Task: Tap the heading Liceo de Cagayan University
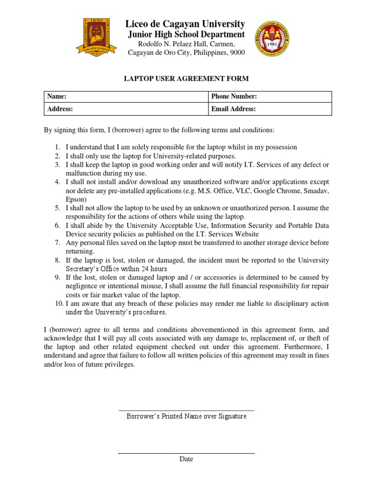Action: (185, 24)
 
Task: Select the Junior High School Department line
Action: (186, 35)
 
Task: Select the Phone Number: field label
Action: (234, 97)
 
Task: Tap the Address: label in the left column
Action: (60, 109)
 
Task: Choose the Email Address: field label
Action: (234, 109)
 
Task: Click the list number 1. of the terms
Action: (57, 147)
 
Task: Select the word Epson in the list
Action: (75, 199)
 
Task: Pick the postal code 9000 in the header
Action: (237, 53)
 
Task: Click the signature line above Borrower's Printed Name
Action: (186, 411)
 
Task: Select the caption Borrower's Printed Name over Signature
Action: (186, 417)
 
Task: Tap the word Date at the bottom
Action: (186, 459)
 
